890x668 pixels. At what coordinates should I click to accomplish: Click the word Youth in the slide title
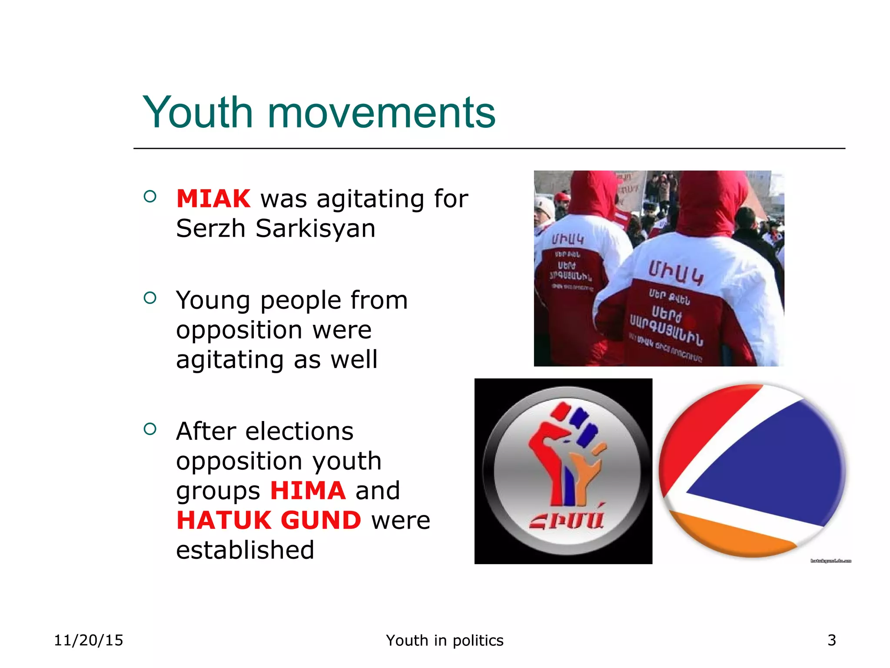click(x=198, y=112)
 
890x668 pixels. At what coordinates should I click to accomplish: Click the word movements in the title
click(x=381, y=113)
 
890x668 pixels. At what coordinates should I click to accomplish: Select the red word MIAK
click(x=213, y=199)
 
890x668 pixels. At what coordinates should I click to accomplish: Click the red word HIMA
click(x=308, y=491)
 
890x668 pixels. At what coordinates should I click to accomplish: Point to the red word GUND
click(x=321, y=520)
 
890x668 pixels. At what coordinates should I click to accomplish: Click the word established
click(x=245, y=550)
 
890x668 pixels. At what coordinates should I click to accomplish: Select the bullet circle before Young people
click(x=150, y=298)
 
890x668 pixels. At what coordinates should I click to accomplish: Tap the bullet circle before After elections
click(x=150, y=429)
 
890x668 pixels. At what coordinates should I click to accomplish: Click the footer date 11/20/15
click(x=89, y=640)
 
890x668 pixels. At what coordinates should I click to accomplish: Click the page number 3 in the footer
click(x=832, y=640)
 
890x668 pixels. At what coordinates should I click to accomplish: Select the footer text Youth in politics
click(x=445, y=640)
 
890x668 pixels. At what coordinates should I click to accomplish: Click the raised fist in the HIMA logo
click(x=565, y=452)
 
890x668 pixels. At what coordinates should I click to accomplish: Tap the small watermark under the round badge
click(x=830, y=561)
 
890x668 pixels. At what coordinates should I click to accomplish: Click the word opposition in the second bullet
click(x=274, y=330)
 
